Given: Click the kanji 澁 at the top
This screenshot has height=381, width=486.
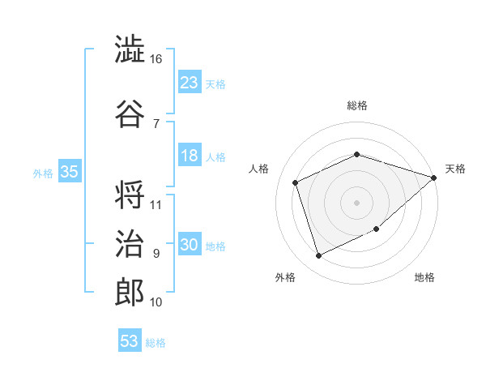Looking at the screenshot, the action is coord(130,49).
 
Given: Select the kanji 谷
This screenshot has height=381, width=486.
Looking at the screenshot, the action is coord(130,113).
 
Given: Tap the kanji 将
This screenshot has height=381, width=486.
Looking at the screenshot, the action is coord(130,195).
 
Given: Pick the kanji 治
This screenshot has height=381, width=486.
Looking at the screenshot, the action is coord(130,243).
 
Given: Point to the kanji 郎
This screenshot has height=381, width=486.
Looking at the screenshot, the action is coord(130,293).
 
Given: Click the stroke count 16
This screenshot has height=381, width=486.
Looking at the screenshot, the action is coord(156,59).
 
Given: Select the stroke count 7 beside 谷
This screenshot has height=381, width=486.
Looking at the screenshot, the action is coord(156,124).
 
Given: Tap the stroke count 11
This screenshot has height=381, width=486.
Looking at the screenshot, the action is coord(156,205).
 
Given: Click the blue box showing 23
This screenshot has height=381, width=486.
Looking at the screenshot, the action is coord(190,81).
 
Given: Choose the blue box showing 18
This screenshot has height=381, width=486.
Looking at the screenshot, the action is coord(190,155).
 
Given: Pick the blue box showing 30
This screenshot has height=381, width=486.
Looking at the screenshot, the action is coord(190,243).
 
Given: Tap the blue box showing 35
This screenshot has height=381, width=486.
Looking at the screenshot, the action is coord(70,171).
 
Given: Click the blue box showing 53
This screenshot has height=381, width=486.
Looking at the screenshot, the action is coord(130,340).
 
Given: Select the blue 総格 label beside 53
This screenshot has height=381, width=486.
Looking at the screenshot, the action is coord(156,343).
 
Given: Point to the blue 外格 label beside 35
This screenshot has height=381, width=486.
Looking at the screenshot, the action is coord(43,173).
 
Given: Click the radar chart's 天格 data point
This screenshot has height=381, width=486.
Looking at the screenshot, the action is coord(434,178).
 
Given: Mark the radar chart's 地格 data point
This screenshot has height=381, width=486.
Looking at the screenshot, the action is coord(377,229).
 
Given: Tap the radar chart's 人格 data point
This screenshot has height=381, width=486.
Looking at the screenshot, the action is coord(296,182).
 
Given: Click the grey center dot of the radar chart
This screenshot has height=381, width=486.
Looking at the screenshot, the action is coord(356,203).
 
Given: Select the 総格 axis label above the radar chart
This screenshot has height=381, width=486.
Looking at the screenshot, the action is coord(357,105).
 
